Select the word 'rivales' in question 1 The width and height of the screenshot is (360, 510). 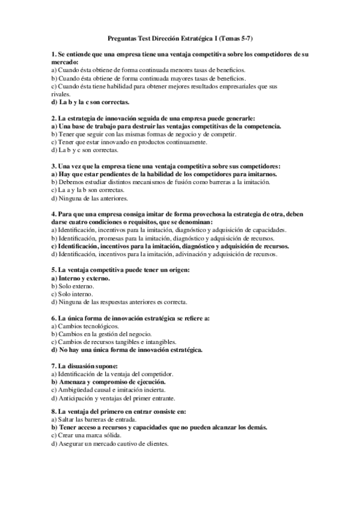pyautogui.click(x=61, y=94)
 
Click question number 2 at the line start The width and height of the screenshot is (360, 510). pyautogui.click(x=53, y=119)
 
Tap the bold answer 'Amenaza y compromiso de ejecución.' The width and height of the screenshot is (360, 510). pyautogui.click(x=108, y=381)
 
